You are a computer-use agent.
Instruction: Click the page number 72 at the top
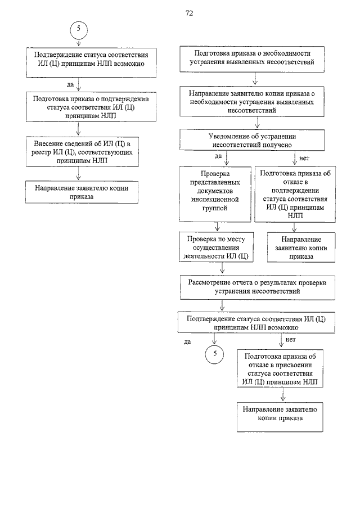189,13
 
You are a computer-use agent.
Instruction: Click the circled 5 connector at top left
79,30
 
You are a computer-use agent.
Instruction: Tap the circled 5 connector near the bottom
214,354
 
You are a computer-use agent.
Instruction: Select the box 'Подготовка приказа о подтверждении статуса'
91,107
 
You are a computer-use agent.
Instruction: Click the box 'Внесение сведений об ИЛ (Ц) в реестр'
82,152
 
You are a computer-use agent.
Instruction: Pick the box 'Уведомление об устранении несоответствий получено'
252,140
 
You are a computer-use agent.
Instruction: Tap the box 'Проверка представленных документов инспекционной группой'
215,194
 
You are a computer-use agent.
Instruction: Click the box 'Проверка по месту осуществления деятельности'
216,247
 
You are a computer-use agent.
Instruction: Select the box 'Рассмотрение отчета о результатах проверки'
257,287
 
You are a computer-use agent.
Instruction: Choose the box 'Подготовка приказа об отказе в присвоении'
280,369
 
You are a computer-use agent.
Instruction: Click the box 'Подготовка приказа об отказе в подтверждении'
295,194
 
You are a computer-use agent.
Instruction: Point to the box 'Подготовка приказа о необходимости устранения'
252,59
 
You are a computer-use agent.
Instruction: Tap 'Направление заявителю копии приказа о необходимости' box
252,102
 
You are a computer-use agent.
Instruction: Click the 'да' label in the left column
70,85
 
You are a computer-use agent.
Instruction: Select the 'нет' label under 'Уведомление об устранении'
304,159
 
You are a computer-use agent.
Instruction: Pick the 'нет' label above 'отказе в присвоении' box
291,340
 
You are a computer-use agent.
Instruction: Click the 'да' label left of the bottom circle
187,342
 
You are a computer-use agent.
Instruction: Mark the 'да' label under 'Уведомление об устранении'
218,156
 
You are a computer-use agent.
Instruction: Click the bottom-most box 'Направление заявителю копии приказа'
280,417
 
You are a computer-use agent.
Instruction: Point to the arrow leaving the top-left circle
79,42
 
